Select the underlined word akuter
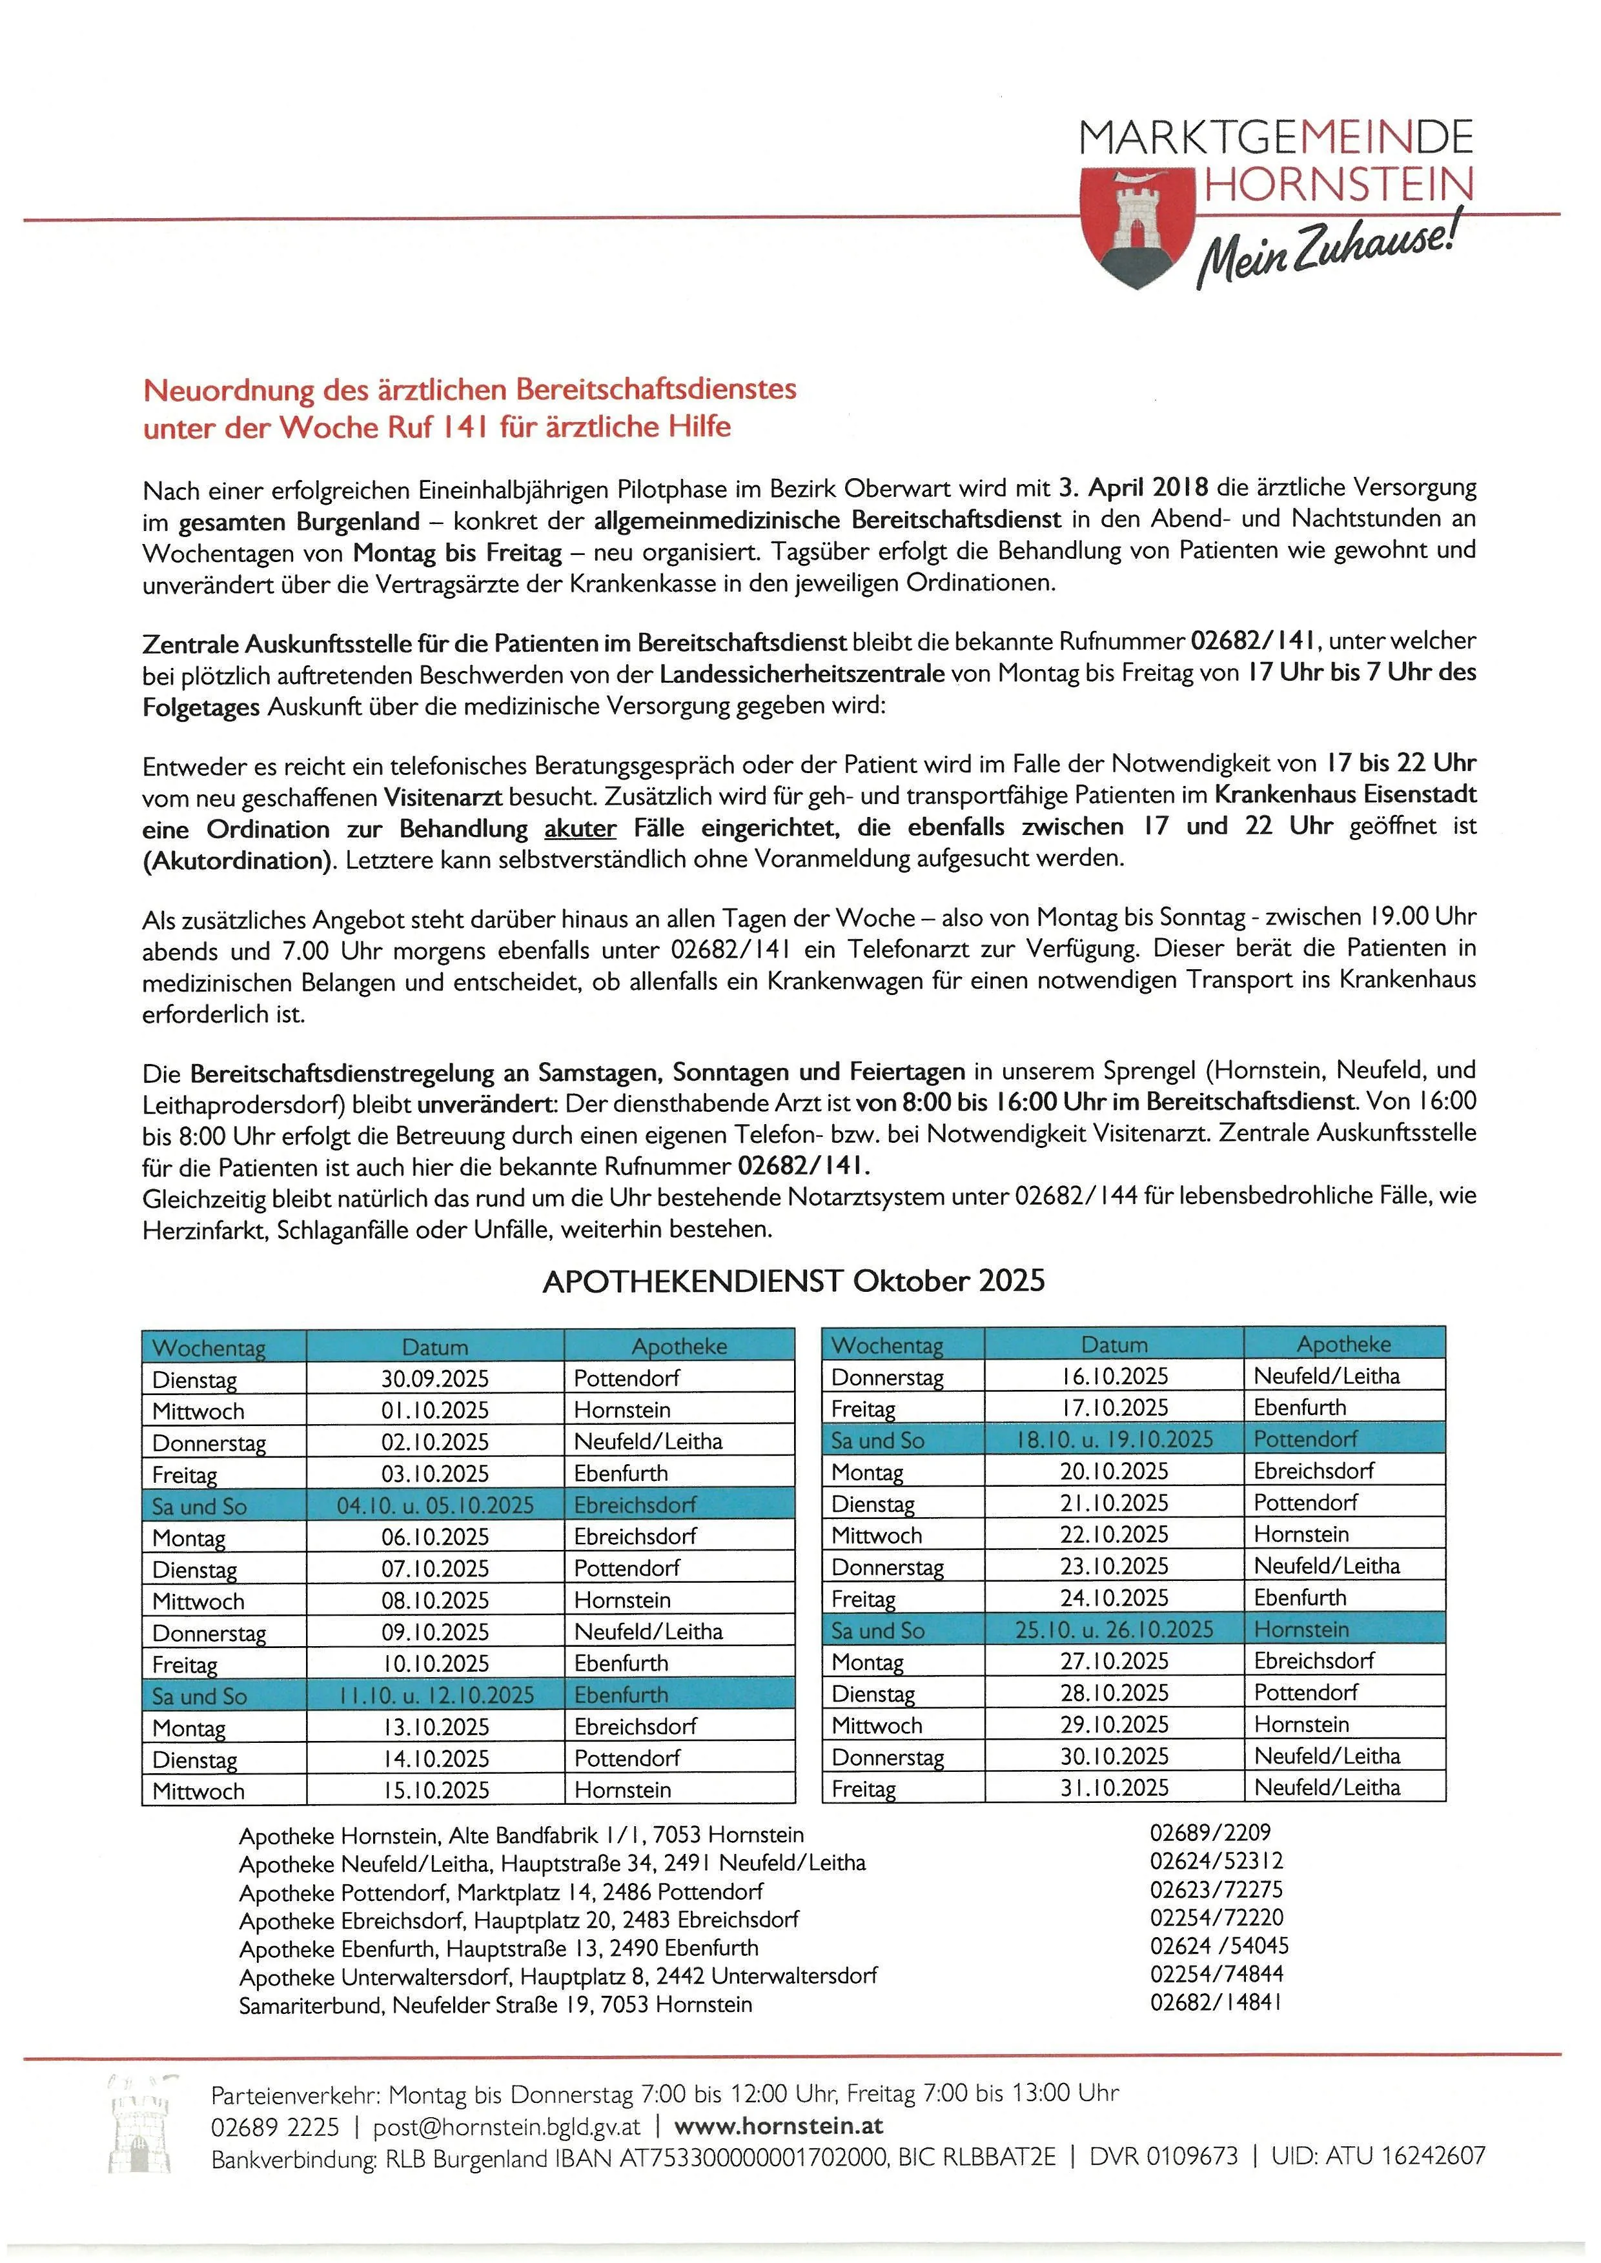point(580,828)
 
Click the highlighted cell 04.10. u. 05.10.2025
point(434,1505)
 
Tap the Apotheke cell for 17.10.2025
point(1300,1407)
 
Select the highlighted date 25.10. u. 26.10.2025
point(1114,1629)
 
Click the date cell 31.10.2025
point(1114,1787)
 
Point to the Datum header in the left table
point(434,1346)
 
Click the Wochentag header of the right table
point(886,1344)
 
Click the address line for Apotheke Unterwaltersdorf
point(557,1975)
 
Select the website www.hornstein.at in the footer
point(778,2126)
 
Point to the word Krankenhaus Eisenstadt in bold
point(1345,794)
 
